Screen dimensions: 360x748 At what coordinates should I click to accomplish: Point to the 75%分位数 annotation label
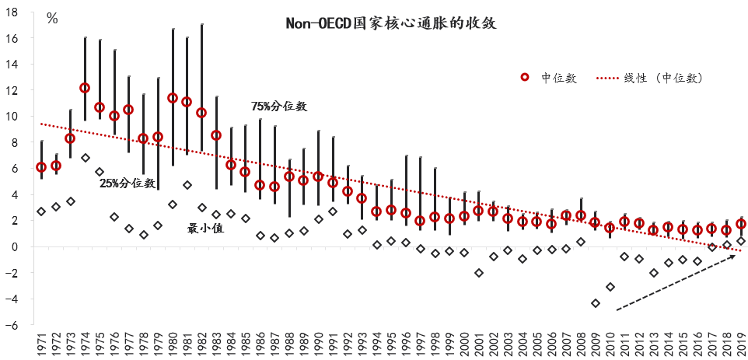pyautogui.click(x=279, y=106)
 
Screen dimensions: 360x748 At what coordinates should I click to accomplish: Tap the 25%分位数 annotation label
pyautogui.click(x=128, y=183)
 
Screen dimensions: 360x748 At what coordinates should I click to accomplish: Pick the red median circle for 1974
pyautogui.click(x=85, y=88)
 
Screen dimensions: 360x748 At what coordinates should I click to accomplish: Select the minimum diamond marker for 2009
pyautogui.click(x=596, y=303)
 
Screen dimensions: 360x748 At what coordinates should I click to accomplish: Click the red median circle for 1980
pyautogui.click(x=173, y=99)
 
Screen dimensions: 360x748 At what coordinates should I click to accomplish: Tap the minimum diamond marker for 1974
pyautogui.click(x=85, y=158)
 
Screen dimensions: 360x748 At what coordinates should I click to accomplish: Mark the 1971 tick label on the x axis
pyautogui.click(x=41, y=342)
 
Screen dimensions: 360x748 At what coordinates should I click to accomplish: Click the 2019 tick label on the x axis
pyautogui.click(x=741, y=342)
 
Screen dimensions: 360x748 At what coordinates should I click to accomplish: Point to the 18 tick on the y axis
pyautogui.click(x=24, y=12)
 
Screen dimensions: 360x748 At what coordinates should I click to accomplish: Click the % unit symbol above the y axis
pyautogui.click(x=52, y=19)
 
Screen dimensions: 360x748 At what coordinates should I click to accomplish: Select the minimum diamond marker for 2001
pyautogui.click(x=479, y=273)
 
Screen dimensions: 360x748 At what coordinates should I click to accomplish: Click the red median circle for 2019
pyautogui.click(x=741, y=224)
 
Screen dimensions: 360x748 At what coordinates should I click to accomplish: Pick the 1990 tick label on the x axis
pyautogui.click(x=318, y=342)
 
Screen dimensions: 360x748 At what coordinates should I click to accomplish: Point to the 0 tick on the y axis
pyautogui.click(x=26, y=246)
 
